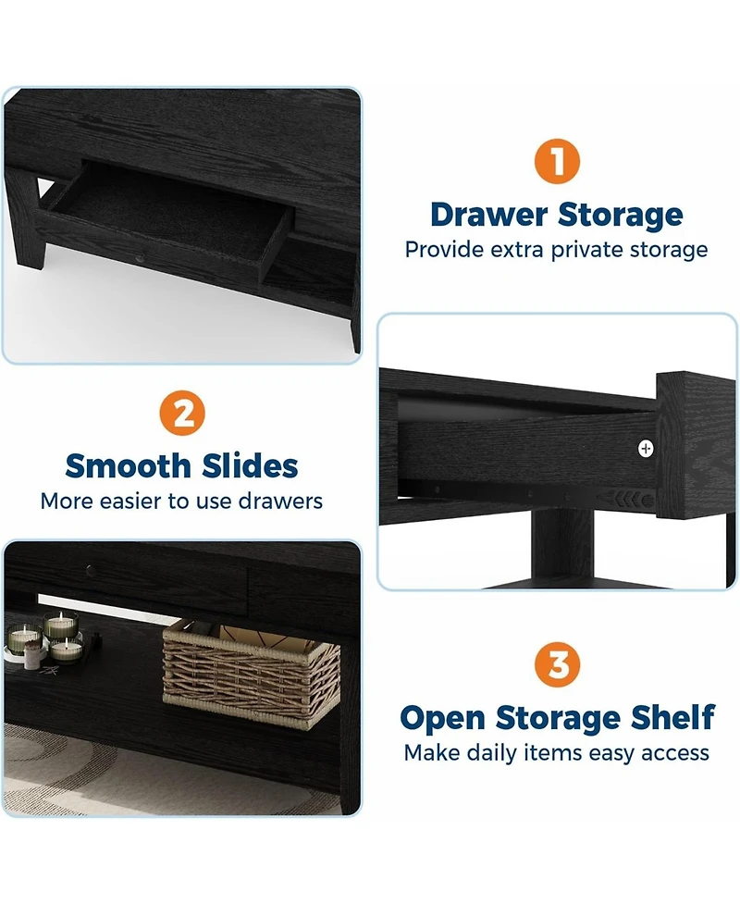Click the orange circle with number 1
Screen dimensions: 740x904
point(557,161)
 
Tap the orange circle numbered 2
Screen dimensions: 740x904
point(182,413)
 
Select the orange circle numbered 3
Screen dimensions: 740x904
point(558,664)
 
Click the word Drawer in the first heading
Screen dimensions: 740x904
point(488,215)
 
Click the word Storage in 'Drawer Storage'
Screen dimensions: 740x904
point(620,216)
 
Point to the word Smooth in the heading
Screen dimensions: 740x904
point(128,465)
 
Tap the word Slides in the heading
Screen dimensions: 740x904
point(251,465)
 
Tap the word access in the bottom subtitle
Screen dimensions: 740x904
point(674,754)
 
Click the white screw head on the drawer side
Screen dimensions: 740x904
point(646,448)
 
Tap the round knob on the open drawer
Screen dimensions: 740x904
point(140,257)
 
